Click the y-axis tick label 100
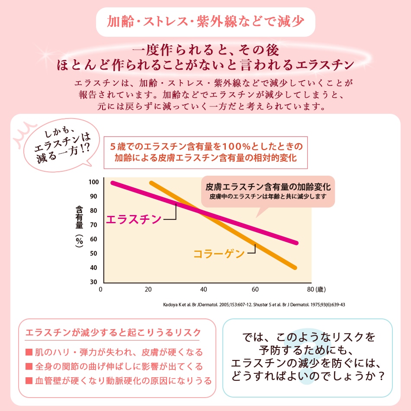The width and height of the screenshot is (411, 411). coord(93,182)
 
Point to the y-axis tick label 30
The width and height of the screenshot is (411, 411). coord(94,282)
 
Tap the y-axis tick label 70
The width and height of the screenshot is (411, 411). coord(94,225)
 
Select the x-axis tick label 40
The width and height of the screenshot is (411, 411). coord(204,289)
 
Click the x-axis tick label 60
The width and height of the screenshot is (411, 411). coord(255,289)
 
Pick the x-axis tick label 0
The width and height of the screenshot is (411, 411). coord(101,289)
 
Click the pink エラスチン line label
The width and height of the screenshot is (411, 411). coord(134,219)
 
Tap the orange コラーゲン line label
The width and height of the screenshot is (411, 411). coord(219,254)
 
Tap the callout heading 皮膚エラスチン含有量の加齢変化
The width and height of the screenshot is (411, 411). coord(268,187)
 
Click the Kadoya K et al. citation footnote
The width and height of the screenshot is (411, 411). coord(254,305)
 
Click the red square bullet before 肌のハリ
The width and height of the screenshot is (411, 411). coord(29,353)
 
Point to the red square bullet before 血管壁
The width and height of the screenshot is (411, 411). coord(29,381)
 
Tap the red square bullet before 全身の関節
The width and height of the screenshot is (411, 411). coord(29,367)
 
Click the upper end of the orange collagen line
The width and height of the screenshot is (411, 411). coord(151,183)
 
